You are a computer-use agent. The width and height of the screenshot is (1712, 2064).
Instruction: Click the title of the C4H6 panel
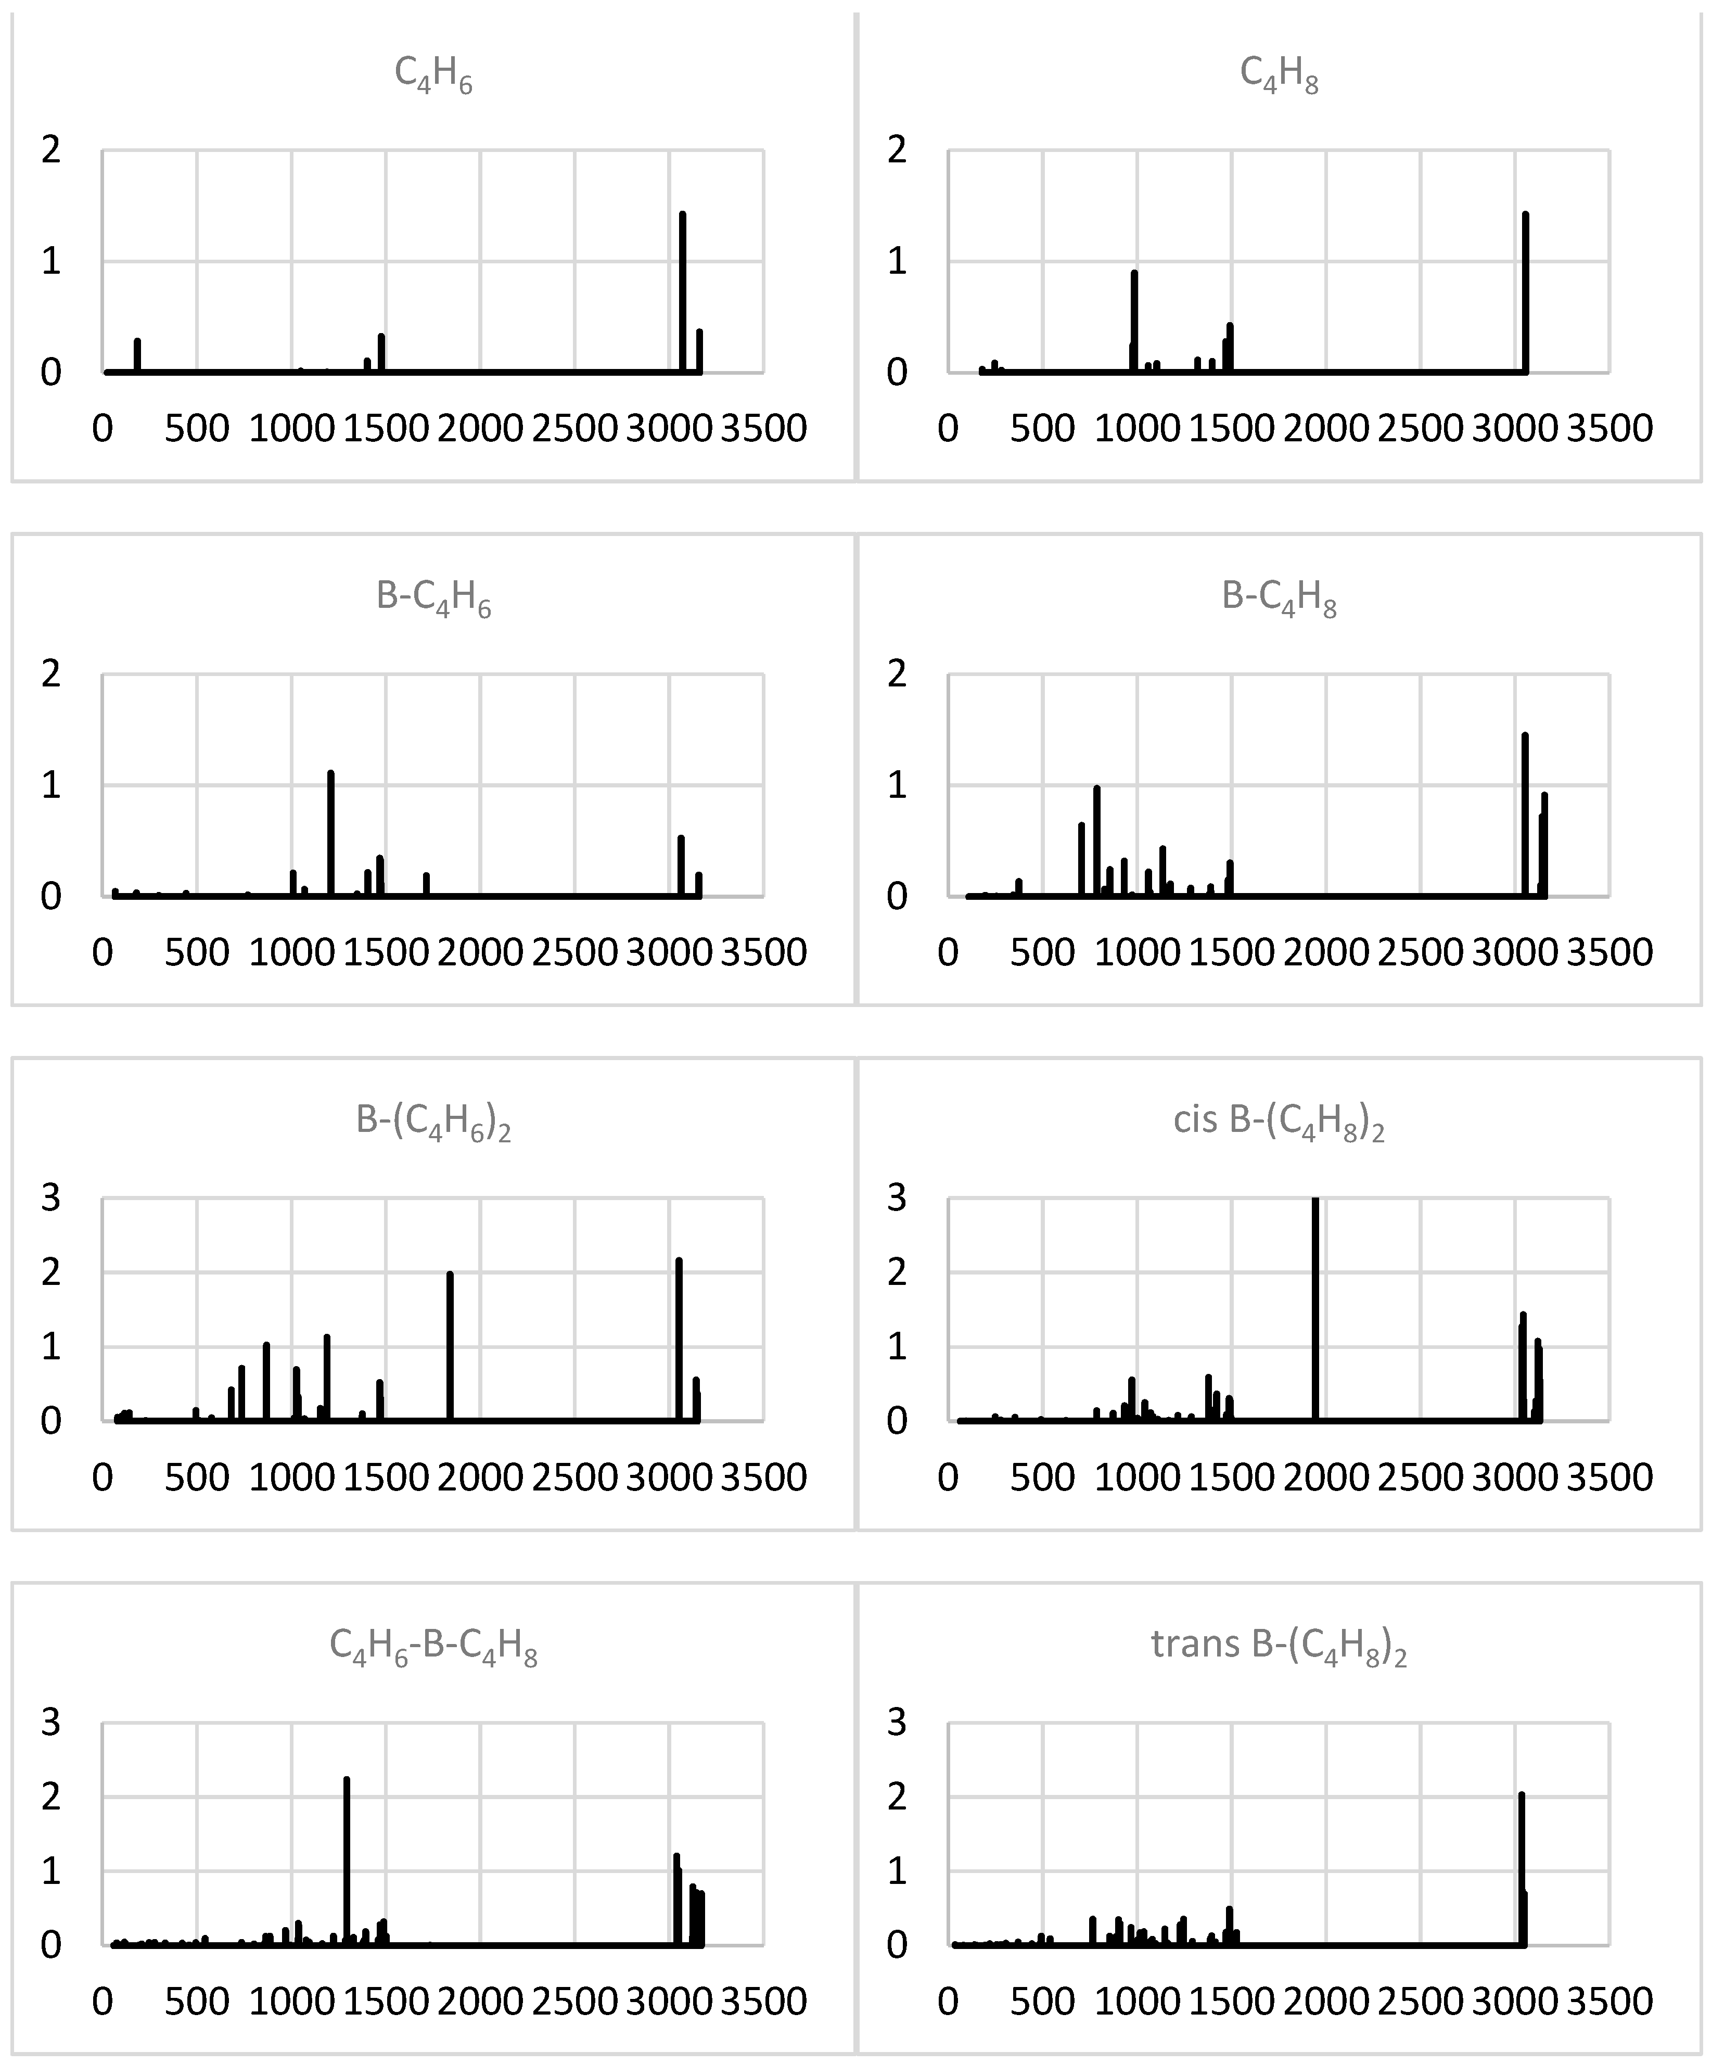click(x=433, y=75)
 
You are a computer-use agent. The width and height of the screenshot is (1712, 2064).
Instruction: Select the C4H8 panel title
click(x=1279, y=75)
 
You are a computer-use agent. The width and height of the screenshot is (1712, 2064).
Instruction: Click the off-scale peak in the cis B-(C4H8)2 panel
click(x=1315, y=1307)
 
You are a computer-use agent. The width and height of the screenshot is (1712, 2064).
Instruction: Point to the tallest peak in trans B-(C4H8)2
click(x=1522, y=1867)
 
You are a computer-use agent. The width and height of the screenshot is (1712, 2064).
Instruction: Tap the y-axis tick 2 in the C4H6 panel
click(x=51, y=150)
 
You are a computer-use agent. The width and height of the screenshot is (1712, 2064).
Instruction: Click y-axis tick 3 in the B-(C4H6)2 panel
click(x=51, y=1198)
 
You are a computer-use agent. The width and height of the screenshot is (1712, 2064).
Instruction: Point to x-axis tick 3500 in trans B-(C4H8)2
click(x=1609, y=2001)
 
